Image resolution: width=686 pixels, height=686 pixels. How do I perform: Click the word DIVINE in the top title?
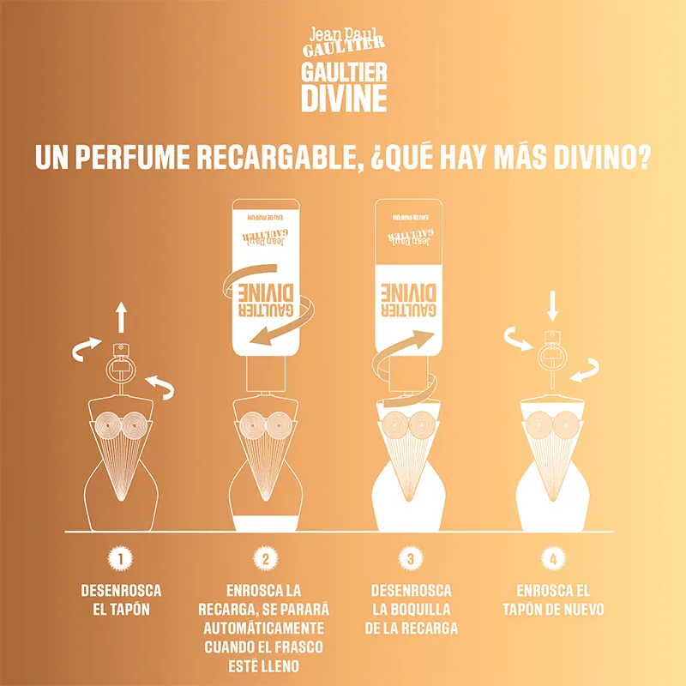[343, 98]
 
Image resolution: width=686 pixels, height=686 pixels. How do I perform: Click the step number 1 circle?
[121, 559]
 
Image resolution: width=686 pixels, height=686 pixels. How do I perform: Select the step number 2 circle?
[266, 559]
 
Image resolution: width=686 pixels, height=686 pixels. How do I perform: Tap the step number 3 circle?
[411, 559]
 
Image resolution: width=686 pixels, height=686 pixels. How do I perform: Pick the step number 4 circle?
[555, 559]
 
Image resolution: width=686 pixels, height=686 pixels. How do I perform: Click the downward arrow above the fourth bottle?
[553, 305]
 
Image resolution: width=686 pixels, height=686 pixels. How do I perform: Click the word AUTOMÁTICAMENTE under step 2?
[266, 628]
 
